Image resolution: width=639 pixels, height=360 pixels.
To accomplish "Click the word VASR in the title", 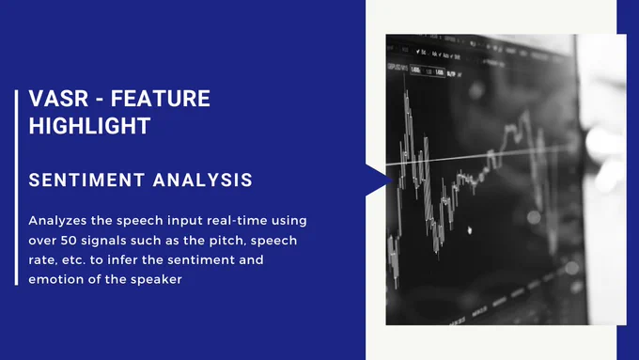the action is [58, 99].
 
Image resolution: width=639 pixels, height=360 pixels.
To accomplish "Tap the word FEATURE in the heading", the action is [161, 99].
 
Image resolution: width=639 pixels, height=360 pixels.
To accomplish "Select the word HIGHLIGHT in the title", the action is [89, 126].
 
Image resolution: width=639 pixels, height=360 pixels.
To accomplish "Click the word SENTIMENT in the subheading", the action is [86, 180].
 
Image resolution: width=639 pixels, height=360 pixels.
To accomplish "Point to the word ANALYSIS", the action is [203, 180].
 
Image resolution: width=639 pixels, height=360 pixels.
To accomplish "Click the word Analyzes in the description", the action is [57, 221].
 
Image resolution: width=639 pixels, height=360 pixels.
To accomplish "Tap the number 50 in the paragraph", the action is [69, 240].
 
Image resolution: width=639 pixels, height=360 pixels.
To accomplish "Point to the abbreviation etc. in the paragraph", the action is [73, 259].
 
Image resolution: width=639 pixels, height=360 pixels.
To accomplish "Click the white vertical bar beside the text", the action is [16, 188].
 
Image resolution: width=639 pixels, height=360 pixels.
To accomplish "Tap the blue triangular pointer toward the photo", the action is [378, 180].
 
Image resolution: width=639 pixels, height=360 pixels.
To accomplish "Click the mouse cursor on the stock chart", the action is [470, 230].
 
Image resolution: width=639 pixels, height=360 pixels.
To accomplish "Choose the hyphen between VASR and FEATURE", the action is [100, 100].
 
